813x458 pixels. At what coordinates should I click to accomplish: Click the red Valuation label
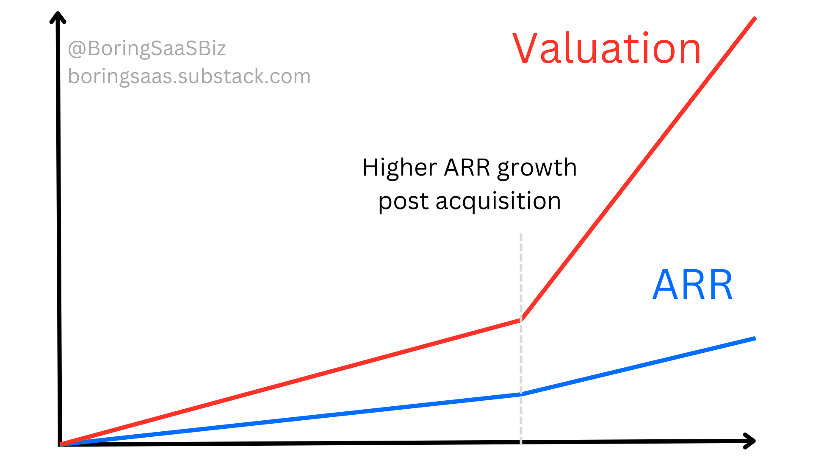point(606,49)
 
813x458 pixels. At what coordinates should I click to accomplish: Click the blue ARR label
point(693,285)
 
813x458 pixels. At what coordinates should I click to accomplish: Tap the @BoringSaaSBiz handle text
point(147,48)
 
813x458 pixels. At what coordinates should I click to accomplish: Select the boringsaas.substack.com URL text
point(189,76)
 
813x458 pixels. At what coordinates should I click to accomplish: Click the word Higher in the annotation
point(399,168)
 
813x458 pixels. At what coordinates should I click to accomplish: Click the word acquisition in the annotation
point(498,201)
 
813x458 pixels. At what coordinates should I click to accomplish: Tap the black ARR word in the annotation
point(467,168)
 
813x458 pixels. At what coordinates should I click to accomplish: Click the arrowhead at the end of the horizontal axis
point(750,441)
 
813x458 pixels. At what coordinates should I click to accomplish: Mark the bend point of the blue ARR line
point(521,394)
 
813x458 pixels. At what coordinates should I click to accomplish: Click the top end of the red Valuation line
point(755,18)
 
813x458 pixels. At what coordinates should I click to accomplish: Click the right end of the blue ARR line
point(755,338)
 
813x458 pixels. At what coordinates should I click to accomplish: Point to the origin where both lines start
point(61,444)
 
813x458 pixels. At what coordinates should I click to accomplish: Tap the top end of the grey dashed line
point(521,235)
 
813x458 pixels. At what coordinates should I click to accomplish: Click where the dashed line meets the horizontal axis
point(521,442)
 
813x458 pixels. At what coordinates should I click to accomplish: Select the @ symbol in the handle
point(77,49)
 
